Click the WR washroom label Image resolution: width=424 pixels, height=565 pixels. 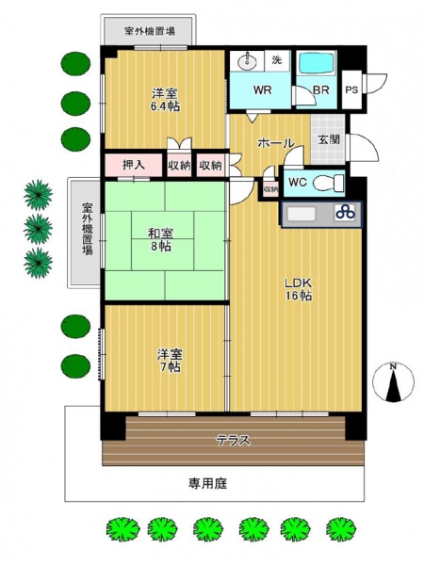pos(262,89)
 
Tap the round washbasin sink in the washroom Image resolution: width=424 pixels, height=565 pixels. pos(247,61)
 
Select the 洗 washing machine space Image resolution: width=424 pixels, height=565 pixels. pos(277,60)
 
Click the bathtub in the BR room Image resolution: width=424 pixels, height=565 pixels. pos(316,63)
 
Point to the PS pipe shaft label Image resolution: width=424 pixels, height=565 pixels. pos(351,89)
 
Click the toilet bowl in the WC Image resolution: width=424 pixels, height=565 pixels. pos(328,183)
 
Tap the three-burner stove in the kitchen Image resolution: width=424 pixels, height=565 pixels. pos(345,213)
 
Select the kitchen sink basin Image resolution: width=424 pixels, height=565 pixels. pos(302,214)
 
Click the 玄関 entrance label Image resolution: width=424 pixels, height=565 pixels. pos(329,139)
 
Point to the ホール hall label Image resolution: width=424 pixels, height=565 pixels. pos(275,143)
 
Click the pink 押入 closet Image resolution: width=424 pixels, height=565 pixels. pos(134,165)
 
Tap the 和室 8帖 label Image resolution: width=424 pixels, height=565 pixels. pos(160,239)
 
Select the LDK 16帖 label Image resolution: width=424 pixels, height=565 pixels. pos(299,289)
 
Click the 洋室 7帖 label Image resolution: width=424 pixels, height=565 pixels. pos(169,361)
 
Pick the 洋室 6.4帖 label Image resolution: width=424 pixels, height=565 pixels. pos(165,100)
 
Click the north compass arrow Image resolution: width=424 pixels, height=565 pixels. pos(393,386)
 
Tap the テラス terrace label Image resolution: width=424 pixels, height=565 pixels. pos(233,440)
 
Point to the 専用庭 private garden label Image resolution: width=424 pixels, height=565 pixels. pos(208,483)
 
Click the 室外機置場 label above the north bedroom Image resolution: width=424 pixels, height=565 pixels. pos(150,31)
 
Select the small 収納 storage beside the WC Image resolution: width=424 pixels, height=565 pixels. pos(270,188)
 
